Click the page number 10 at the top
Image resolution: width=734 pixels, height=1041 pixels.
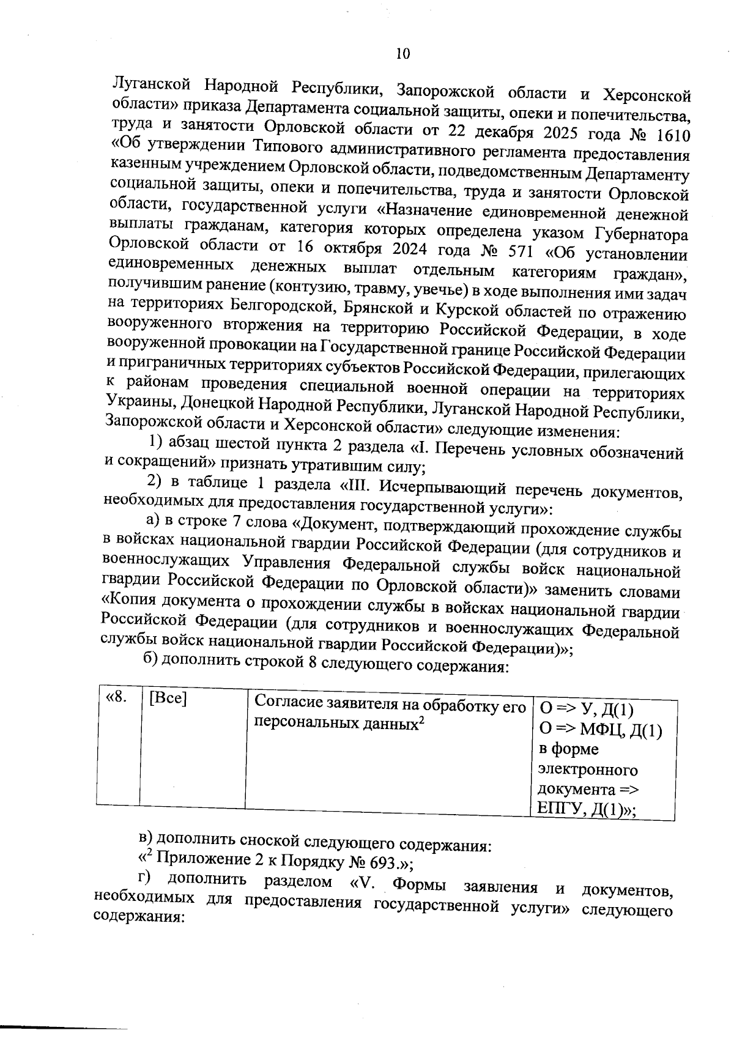[x=402, y=54]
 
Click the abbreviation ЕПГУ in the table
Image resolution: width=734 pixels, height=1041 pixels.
[x=560, y=810]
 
